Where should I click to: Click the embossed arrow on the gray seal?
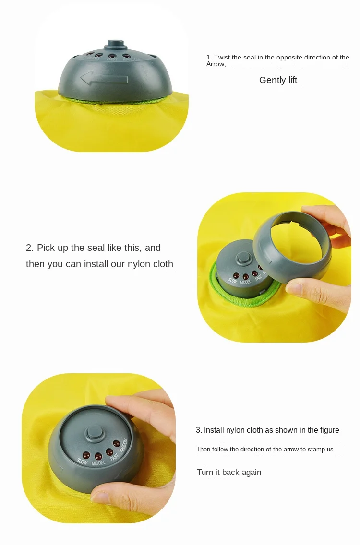pos(104,78)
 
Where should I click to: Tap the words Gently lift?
pos(278,80)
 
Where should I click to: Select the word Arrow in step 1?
pos(216,64)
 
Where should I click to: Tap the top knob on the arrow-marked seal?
pos(116,45)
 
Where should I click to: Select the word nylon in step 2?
pos(139,264)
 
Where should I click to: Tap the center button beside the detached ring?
pos(243,258)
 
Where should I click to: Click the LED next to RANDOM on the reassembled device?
pos(117,443)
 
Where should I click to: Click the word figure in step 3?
pos(329,430)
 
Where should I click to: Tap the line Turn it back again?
pos(229,473)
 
